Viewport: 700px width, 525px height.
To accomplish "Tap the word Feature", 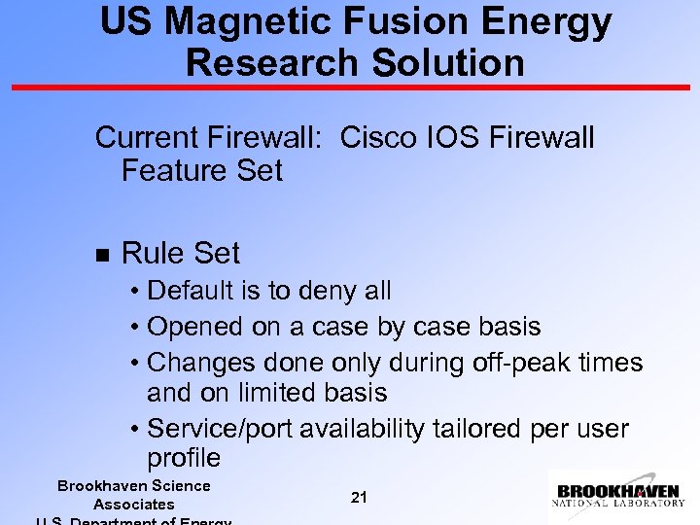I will click(174, 170).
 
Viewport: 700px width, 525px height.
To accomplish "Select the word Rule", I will click(151, 253).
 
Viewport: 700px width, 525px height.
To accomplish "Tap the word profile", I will click(184, 458).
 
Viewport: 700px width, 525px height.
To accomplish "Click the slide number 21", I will click(359, 497).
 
